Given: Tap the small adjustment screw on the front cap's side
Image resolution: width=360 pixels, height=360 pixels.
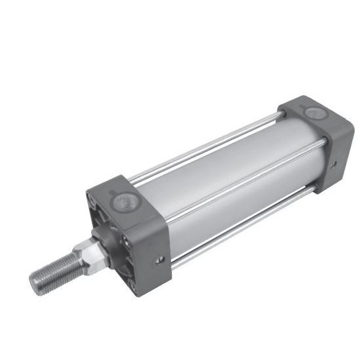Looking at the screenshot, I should [159, 260].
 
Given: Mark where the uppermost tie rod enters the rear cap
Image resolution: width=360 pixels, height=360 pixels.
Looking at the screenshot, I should [281, 116].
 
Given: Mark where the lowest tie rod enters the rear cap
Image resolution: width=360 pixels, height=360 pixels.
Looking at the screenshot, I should [314, 188].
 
